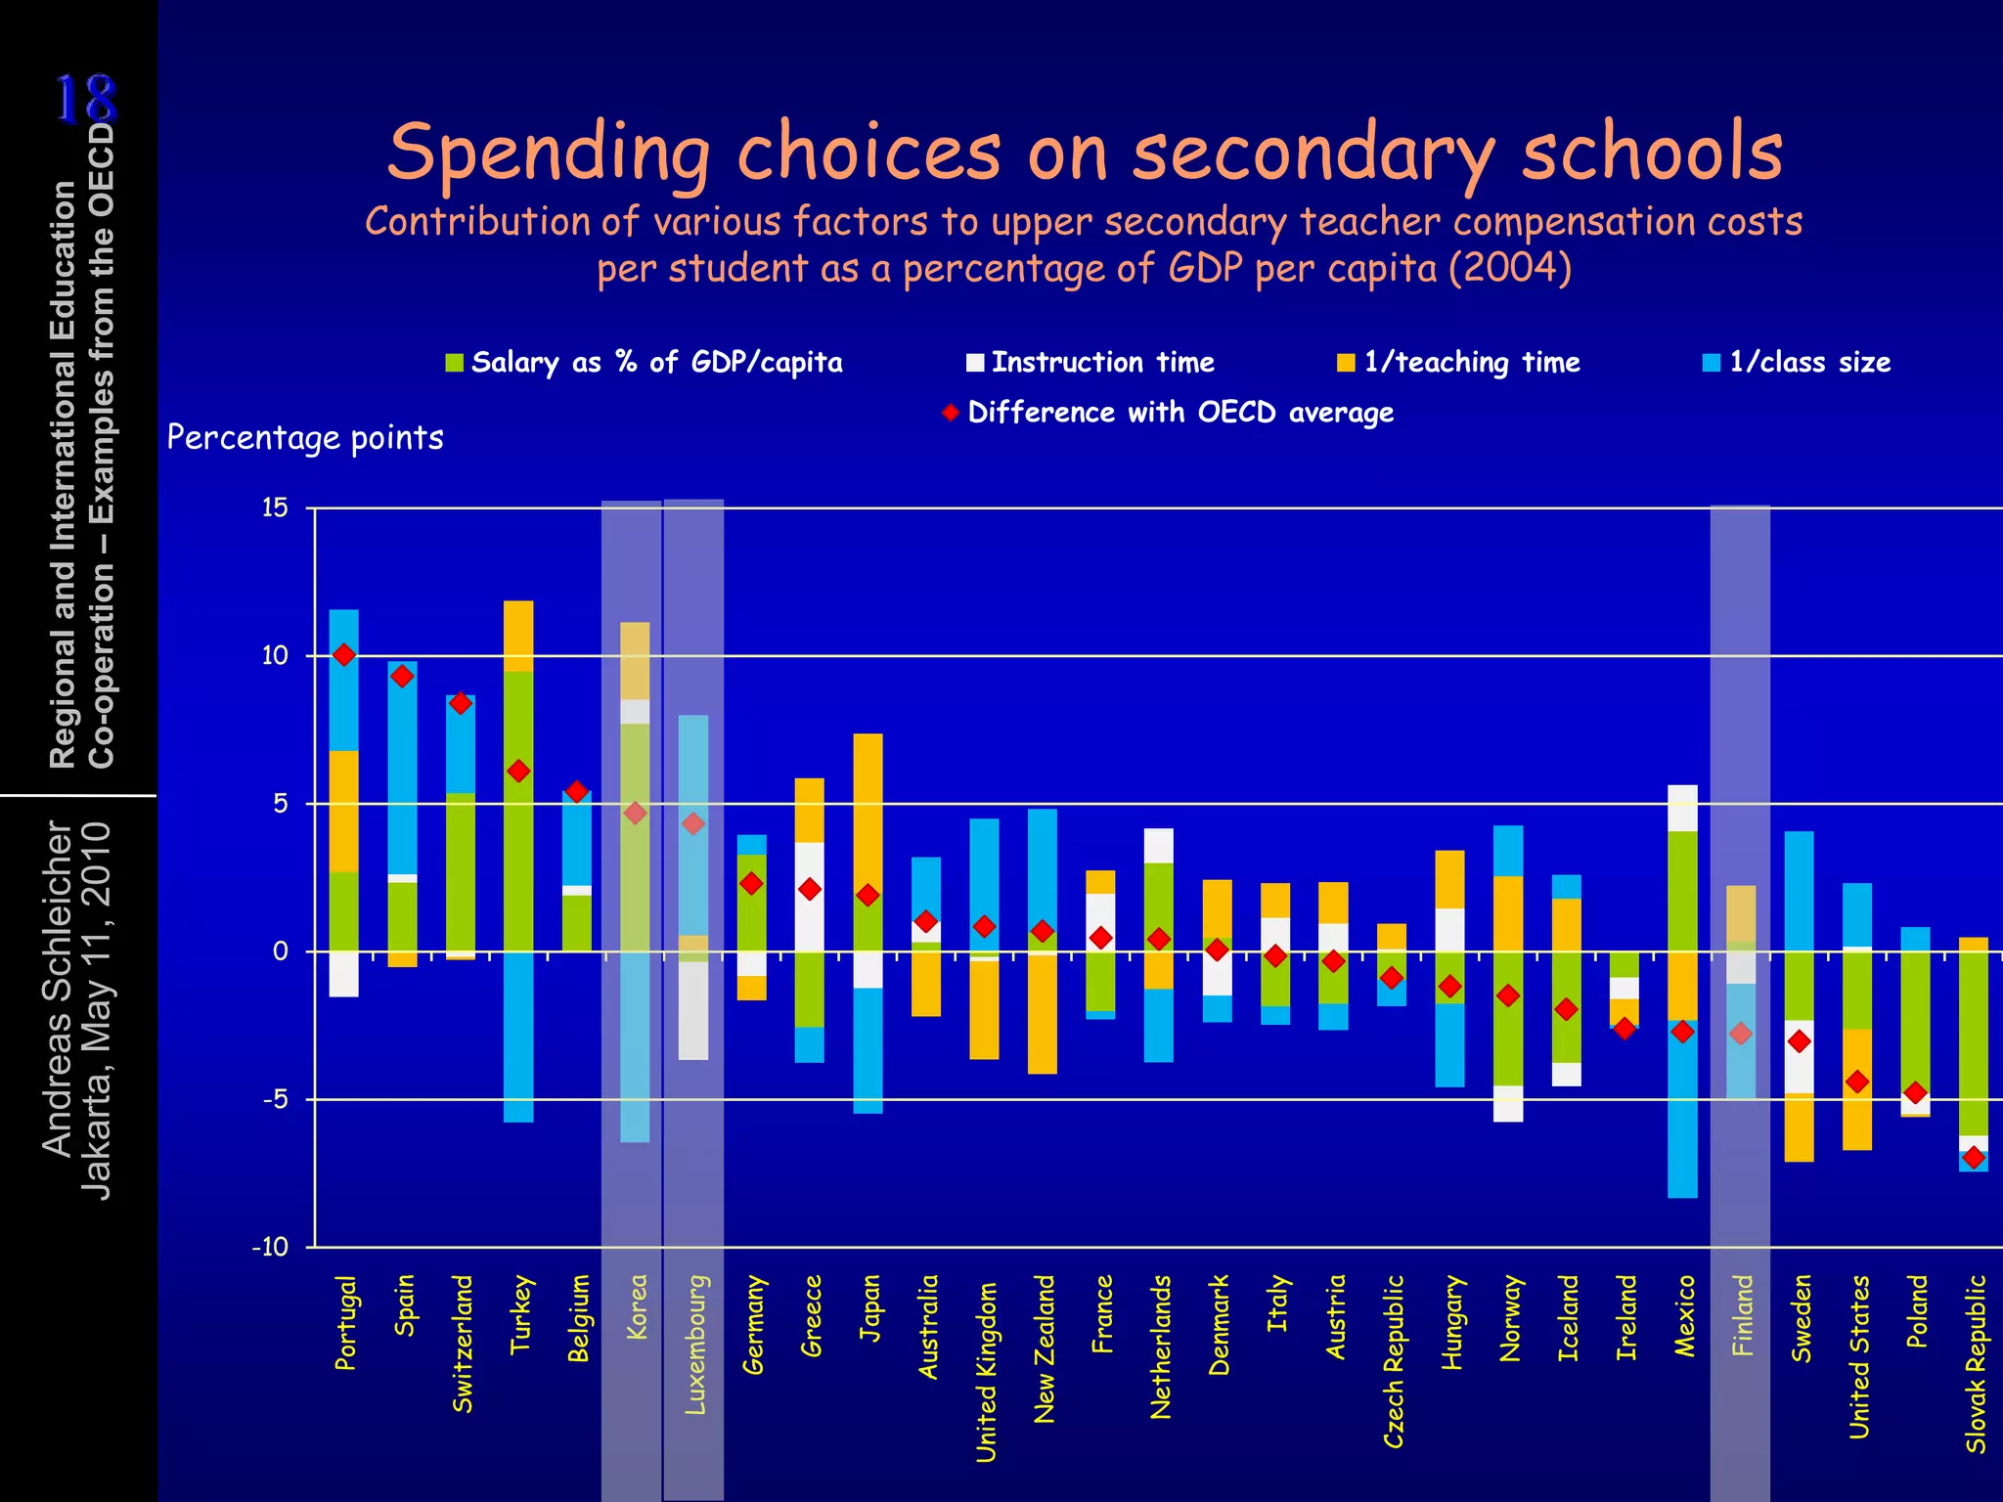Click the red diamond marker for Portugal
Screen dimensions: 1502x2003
[343, 655]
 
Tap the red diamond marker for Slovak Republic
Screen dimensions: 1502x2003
[1974, 1158]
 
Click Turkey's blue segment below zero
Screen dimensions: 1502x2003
[518, 1037]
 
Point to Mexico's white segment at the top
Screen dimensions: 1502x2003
[1682, 808]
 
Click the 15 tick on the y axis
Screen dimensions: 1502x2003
[275, 508]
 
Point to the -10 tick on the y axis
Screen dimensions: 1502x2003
[270, 1247]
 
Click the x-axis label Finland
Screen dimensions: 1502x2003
[1742, 1315]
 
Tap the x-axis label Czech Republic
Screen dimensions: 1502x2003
[1394, 1360]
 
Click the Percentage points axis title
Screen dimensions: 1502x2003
[305, 437]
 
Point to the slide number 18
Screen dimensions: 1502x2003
[85, 100]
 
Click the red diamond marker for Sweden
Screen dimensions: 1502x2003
[1799, 1041]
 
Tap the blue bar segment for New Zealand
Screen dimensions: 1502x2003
[1042, 870]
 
